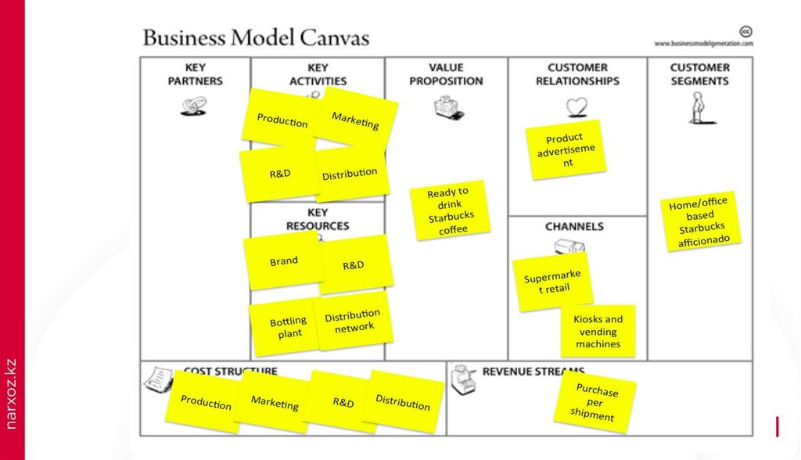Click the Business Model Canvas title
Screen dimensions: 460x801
(x=256, y=38)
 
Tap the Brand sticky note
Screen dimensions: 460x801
(x=283, y=261)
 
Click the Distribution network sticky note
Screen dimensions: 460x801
(x=353, y=321)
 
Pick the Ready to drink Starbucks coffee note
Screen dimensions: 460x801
(x=450, y=210)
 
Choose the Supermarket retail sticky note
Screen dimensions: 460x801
(x=551, y=282)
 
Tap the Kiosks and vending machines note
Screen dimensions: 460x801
(x=598, y=331)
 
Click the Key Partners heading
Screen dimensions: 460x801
(x=195, y=74)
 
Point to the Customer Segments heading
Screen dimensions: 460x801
(x=699, y=74)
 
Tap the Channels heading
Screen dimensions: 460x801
(x=574, y=226)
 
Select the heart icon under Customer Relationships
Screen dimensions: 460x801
(x=577, y=106)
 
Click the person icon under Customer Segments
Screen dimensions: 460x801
(x=698, y=108)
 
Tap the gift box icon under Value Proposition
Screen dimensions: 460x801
(x=448, y=106)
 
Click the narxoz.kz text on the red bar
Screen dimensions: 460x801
(x=11, y=393)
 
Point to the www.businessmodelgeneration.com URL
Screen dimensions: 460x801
(x=703, y=44)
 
